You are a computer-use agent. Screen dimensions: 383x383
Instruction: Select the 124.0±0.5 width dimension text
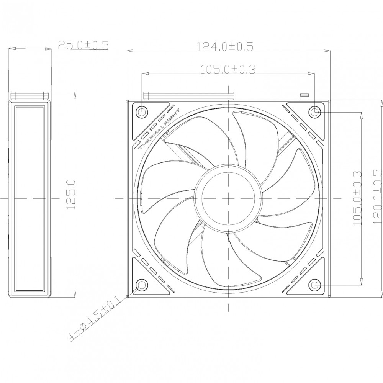pos(225,46)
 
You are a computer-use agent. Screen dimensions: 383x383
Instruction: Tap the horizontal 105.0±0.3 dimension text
pos(228,69)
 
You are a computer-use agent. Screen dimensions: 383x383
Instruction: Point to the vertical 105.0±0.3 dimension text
pos(357,198)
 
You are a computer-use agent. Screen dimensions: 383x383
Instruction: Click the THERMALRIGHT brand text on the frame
pos(159,129)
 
